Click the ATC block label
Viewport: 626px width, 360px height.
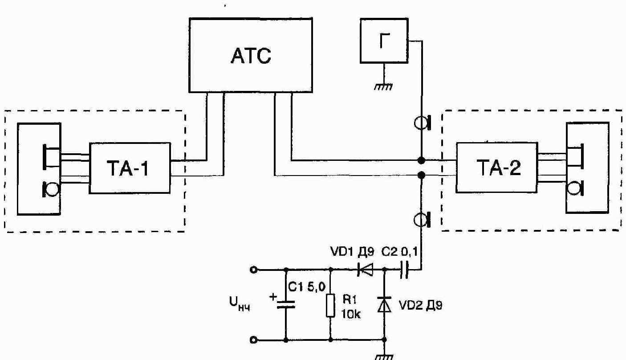click(251, 56)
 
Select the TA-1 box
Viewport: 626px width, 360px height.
click(130, 168)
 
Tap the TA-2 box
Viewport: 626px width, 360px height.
click(496, 168)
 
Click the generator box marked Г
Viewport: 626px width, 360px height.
click(384, 41)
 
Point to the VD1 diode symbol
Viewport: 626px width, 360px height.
click(365, 270)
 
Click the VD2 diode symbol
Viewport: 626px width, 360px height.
click(384, 305)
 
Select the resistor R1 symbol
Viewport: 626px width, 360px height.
click(331, 305)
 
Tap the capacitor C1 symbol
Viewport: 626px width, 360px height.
click(286, 304)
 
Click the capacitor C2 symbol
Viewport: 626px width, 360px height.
click(404, 270)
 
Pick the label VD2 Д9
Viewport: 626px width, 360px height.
click(421, 306)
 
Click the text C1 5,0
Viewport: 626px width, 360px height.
click(307, 287)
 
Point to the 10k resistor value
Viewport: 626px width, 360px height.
click(351, 315)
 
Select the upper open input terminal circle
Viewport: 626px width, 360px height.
click(253, 270)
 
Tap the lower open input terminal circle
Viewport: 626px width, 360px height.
click(253, 340)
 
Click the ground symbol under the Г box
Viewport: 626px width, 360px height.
click(383, 87)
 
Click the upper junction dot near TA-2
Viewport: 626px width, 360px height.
click(421, 160)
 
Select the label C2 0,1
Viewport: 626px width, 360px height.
click(399, 252)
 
